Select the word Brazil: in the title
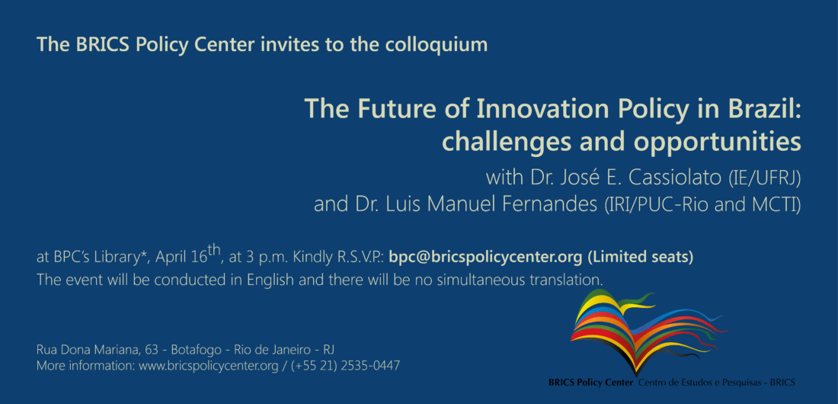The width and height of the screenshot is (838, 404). (766, 110)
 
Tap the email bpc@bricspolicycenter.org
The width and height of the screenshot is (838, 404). (485, 258)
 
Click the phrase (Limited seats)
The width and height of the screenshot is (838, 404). (640, 258)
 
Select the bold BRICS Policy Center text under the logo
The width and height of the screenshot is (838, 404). (592, 383)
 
